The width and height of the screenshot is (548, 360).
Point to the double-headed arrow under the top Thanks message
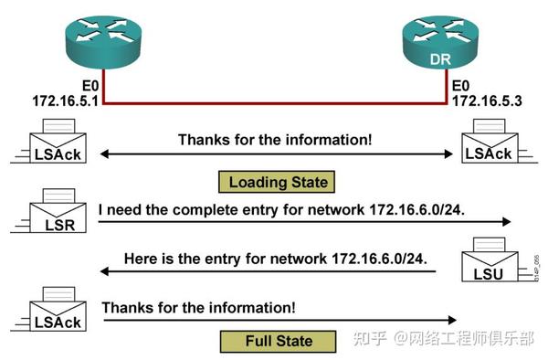tap(274, 154)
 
